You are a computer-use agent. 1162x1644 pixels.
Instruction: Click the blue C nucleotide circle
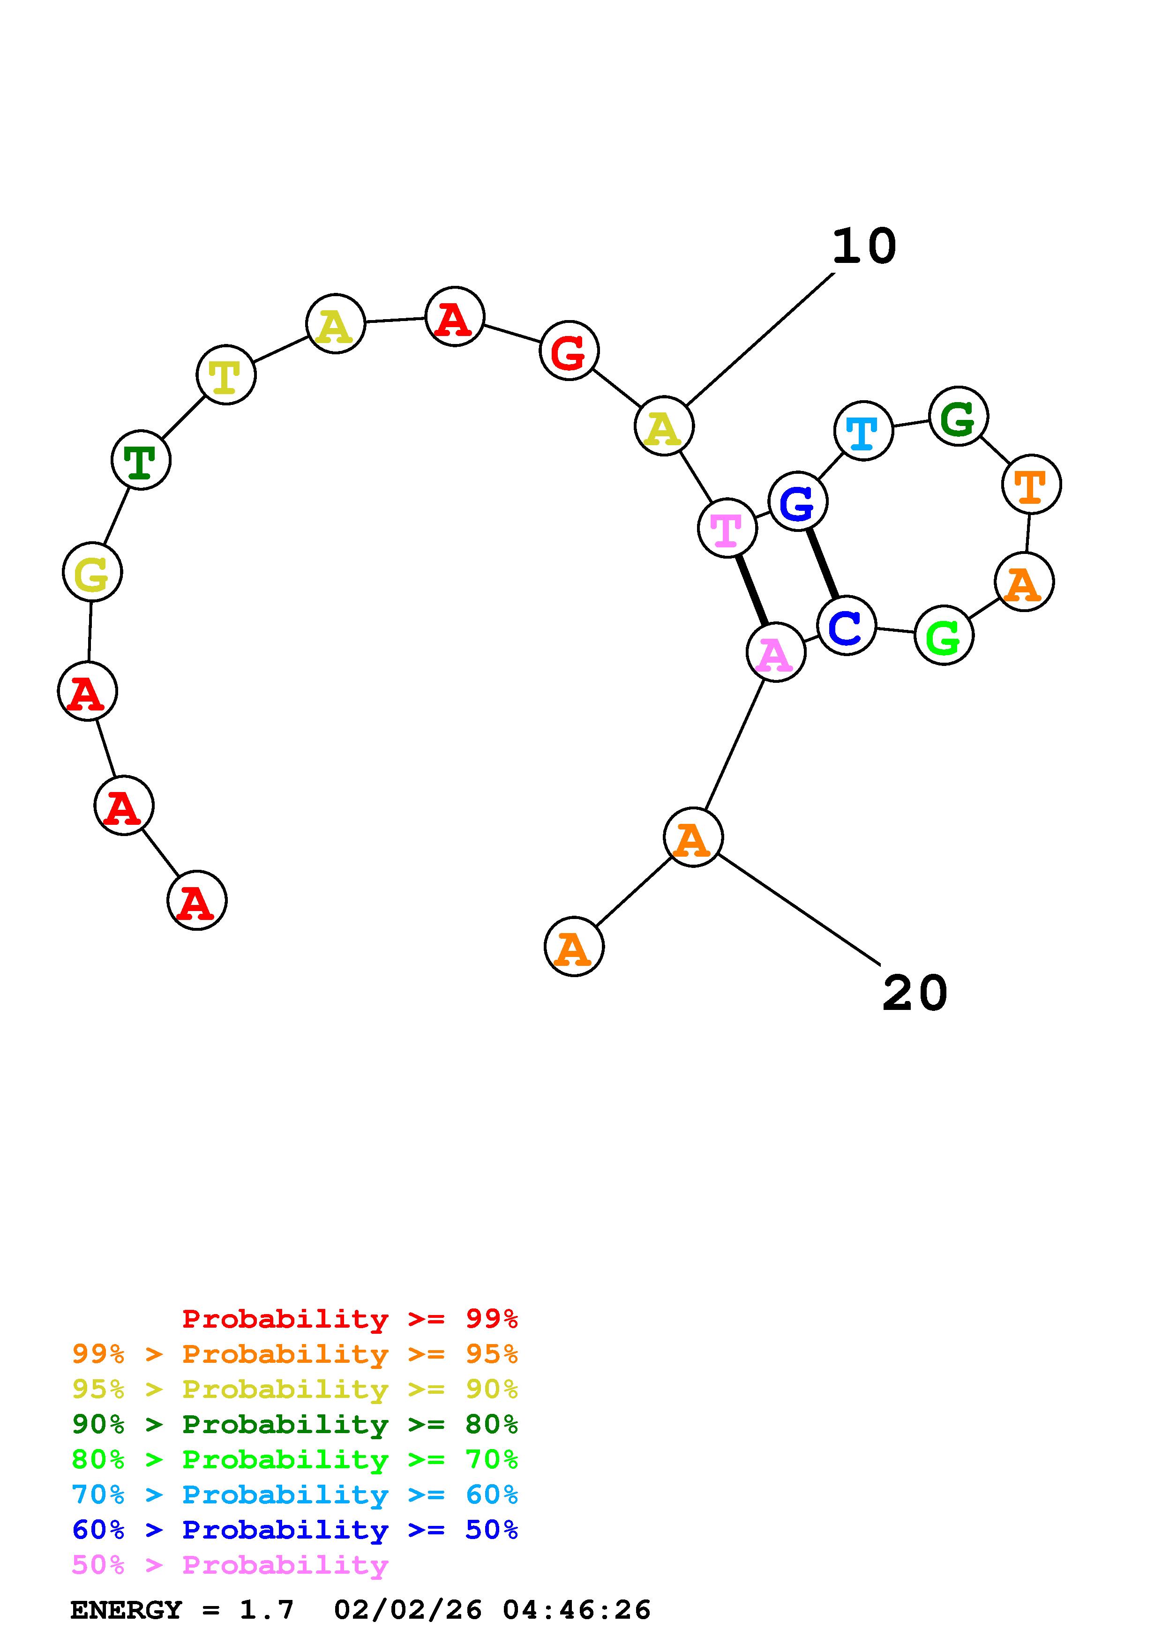tap(846, 625)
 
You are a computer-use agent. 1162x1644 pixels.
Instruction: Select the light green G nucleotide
tap(944, 635)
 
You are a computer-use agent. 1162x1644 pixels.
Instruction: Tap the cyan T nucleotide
tap(863, 431)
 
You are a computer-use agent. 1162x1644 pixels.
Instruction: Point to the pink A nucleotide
tap(775, 652)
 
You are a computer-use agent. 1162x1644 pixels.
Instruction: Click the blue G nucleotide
tap(798, 501)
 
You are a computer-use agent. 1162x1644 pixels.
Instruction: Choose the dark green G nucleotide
tap(958, 416)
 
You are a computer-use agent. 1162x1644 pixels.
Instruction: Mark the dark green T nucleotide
tap(141, 460)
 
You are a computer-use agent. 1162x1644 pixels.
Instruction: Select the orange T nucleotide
tap(1031, 485)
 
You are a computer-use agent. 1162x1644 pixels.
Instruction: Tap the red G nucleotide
tap(569, 351)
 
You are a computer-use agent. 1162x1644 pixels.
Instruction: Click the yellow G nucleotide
tap(92, 572)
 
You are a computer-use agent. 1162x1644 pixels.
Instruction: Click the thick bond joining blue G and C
tap(822, 563)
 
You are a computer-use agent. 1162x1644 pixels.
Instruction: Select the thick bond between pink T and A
tap(752, 590)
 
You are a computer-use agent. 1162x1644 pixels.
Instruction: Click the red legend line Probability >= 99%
tap(350, 1319)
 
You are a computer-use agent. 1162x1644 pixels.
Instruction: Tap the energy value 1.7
tap(266, 1610)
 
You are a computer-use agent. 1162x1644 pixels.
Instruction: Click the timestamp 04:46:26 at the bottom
tap(577, 1610)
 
